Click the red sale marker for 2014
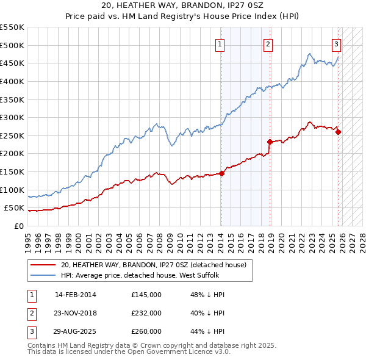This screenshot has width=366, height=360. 221,173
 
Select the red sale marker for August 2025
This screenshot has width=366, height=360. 339,132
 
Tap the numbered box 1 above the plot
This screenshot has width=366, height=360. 219,43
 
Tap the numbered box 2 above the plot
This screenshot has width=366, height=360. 268,43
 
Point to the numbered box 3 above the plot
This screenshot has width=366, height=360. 336,43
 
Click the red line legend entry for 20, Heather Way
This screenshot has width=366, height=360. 153,265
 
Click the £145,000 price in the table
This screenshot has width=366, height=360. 146,295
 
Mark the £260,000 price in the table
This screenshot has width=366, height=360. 146,331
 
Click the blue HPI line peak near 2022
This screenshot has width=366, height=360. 310,54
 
